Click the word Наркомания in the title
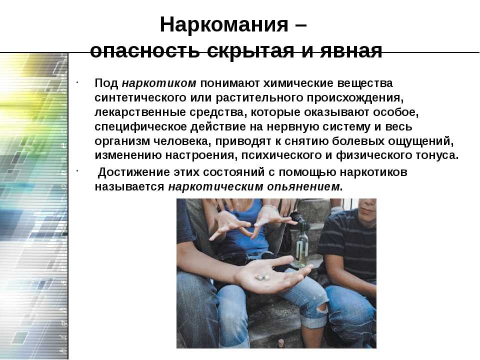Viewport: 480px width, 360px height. click(x=224, y=24)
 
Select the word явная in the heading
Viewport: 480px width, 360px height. click(x=351, y=51)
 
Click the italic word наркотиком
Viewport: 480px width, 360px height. click(x=159, y=83)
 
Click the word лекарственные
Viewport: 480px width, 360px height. click(x=139, y=112)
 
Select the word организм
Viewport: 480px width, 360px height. click(x=122, y=141)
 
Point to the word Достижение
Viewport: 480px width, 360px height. click(x=134, y=172)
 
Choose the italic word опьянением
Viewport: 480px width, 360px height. click(x=303, y=186)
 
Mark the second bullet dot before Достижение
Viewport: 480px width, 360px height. click(x=78, y=170)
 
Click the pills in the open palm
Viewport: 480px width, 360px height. click(x=262, y=277)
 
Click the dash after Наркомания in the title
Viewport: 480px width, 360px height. click(x=301, y=25)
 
